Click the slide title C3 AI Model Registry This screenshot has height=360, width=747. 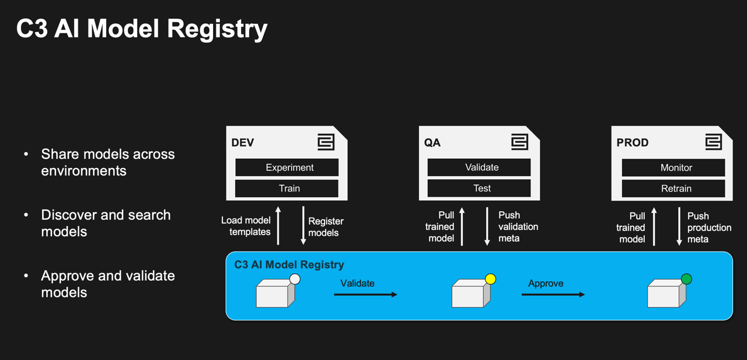click(x=142, y=29)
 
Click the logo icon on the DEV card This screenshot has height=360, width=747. click(x=326, y=142)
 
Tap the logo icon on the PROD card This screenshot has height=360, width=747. click(x=713, y=142)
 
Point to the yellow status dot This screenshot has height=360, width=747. click(x=490, y=279)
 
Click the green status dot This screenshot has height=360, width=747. click(x=686, y=279)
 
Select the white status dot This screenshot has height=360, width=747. click(x=295, y=279)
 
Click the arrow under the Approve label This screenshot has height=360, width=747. click(x=553, y=295)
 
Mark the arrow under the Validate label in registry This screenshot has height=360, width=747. click(x=365, y=295)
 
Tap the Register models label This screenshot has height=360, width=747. click(x=326, y=227)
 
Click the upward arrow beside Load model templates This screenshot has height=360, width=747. click(x=278, y=225)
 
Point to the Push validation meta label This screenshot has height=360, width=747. click(x=518, y=226)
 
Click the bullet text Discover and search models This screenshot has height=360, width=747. click(x=106, y=223)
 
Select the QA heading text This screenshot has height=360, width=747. click(x=432, y=143)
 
